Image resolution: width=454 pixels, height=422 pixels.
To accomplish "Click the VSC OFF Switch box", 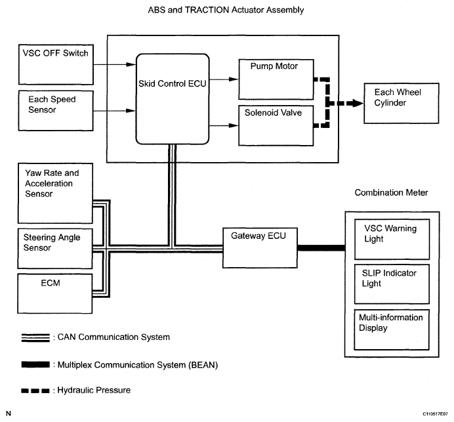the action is point(56,64).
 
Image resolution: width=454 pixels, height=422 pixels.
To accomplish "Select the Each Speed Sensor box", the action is point(56,111).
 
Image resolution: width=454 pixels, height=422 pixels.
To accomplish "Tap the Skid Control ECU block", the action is point(173,98).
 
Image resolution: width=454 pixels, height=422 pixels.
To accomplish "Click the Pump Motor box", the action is point(276,79).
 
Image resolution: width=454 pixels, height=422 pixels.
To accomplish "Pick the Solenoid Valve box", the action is point(276,126).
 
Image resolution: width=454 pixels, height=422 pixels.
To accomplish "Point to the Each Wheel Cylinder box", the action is point(402,104).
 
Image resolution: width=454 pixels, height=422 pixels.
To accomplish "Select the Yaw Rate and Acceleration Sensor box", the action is point(55,193).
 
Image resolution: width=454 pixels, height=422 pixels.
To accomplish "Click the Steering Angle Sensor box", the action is point(55,249).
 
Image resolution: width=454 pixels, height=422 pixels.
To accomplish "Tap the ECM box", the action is point(55,293).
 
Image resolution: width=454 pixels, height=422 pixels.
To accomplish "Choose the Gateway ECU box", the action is point(260,248).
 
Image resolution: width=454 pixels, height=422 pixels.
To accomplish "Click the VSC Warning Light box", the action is point(392,240).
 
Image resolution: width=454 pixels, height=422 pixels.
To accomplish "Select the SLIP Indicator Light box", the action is point(392,284).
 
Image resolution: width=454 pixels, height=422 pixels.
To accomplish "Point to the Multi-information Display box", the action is point(392,329).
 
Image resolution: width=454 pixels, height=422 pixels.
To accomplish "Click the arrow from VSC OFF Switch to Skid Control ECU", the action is point(115,64).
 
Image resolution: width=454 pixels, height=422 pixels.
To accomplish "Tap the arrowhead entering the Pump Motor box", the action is point(234,79).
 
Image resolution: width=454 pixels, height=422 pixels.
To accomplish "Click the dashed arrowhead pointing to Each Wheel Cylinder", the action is point(356,103).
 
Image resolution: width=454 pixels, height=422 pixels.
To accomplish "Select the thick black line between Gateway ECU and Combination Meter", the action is point(321,248).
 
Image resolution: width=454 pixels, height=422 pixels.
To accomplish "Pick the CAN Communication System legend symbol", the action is point(35,338).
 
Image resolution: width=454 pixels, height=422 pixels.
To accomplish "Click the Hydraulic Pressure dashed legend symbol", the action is point(35,390).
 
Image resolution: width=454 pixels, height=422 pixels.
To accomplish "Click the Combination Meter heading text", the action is point(391,192).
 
